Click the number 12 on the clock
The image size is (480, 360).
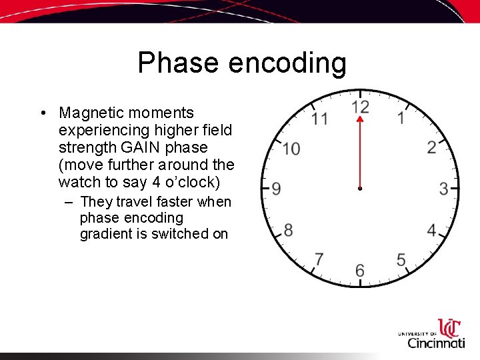(360, 107)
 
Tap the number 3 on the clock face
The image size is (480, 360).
(443, 189)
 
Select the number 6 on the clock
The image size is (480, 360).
(360, 270)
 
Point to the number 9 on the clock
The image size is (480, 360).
(276, 189)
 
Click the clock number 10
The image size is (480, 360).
(291, 149)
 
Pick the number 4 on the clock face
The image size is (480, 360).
(431, 231)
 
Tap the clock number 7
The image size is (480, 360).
(319, 259)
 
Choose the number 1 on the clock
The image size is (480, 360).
(401, 119)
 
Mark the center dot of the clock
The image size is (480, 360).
(360, 189)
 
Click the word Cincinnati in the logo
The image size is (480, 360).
(436, 343)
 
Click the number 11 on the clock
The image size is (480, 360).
(319, 119)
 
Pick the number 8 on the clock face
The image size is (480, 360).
(288, 231)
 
